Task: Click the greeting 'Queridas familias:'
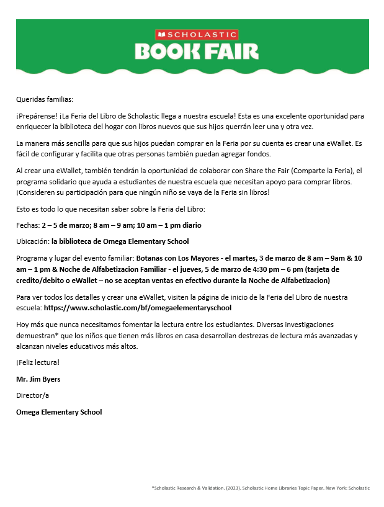coord(45,99)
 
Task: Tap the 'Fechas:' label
coord(28,225)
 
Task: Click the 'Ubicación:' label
coord(33,241)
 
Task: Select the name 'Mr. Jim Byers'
coord(38,379)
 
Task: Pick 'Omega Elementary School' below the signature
coord(59,411)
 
